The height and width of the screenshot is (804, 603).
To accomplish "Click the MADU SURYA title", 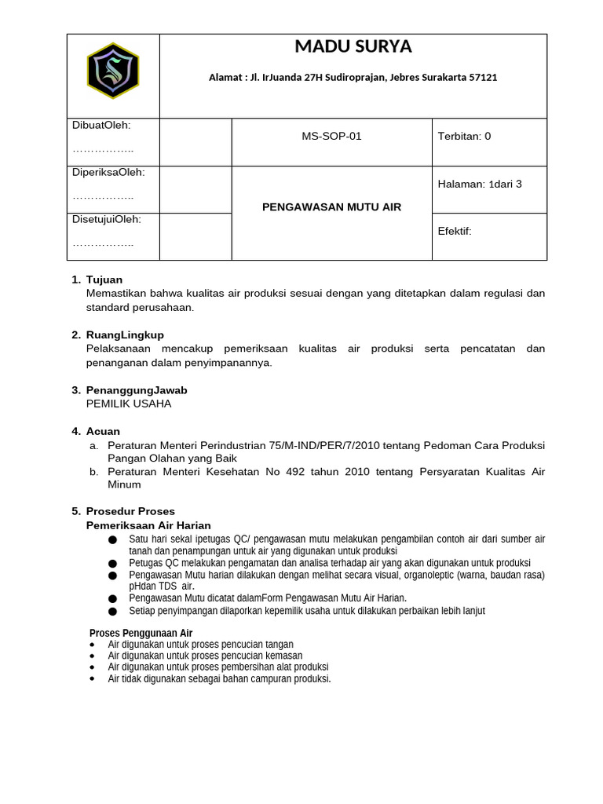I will [353, 47].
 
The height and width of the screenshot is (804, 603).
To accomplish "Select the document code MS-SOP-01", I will [331, 136].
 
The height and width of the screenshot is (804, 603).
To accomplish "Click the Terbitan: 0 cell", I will [464, 136].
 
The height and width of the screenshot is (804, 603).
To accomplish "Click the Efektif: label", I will [455, 231].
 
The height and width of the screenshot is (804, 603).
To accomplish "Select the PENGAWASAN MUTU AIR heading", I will [331, 207].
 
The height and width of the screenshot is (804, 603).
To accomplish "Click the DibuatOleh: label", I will [101, 125].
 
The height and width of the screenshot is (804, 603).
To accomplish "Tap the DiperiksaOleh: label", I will [108, 172].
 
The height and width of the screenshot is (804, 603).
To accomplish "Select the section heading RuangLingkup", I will [125, 334].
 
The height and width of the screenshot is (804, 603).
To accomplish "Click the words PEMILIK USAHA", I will [128, 404].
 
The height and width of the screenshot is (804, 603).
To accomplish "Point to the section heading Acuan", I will [103, 431].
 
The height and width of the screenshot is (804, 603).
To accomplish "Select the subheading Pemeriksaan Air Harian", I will [148, 525].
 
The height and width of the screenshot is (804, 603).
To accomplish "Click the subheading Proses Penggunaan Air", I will [141, 633].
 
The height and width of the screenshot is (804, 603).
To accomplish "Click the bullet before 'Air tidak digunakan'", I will [92, 679].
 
